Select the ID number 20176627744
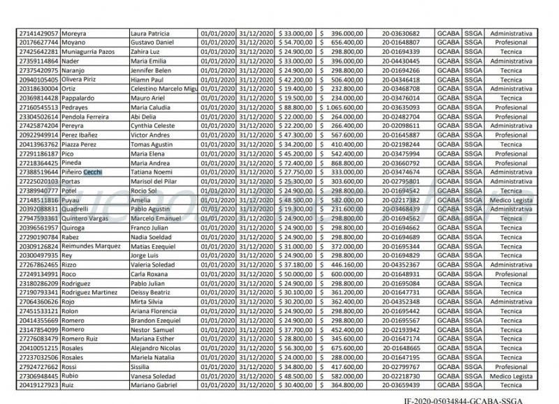coord(38,43)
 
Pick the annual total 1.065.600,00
coord(344,107)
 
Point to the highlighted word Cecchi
coord(93,172)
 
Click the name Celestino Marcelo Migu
coord(164,89)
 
